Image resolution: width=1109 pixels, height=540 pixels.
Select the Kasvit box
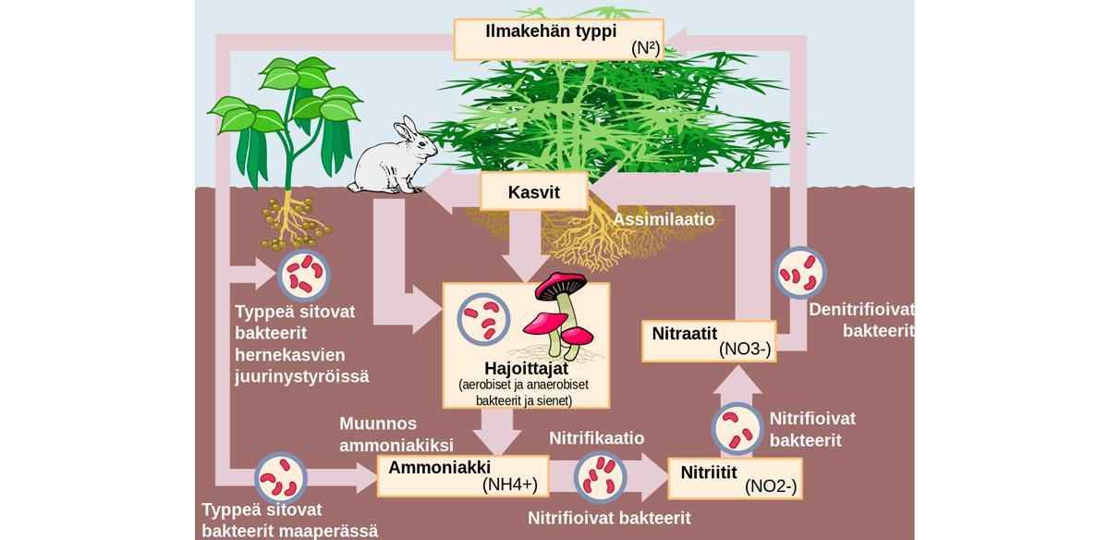click(534, 193)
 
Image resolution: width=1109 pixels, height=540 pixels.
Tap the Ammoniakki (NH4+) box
click(458, 475)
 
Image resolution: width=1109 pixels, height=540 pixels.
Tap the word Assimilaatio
click(664, 220)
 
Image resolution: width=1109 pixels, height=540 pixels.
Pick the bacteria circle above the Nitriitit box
click(737, 427)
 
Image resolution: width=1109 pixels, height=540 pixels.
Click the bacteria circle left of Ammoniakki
click(281, 479)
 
